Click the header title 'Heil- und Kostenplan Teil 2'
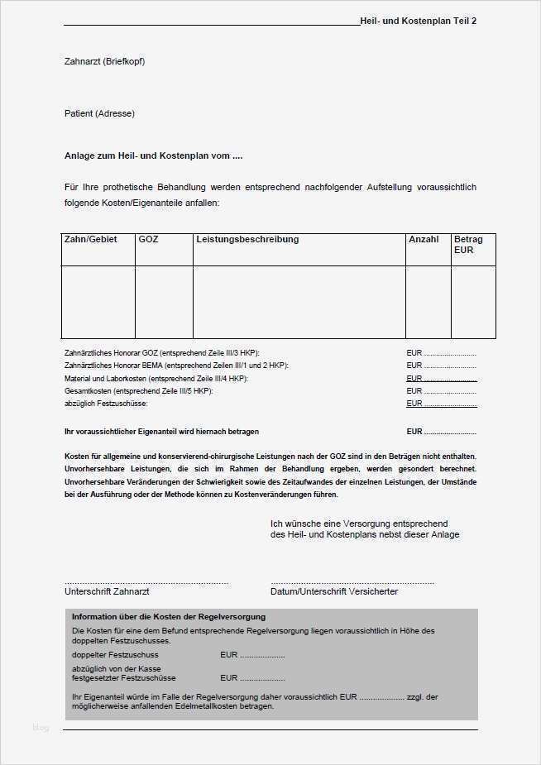(418, 21)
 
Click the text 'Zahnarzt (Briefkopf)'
(104, 61)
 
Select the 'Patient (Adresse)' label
(99, 113)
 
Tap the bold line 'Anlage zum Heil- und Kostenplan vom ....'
(153, 155)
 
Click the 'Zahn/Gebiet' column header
(90, 239)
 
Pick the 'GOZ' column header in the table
(148, 239)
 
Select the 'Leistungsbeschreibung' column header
(247, 239)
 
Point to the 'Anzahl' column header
(424, 239)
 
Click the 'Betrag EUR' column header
(468, 244)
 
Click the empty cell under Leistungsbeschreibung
(299, 302)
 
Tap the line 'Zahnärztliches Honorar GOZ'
(167, 352)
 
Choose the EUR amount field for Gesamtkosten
(441, 390)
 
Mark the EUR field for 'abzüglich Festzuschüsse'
(441, 404)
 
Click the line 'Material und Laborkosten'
(156, 378)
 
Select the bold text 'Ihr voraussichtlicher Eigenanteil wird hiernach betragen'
(161, 432)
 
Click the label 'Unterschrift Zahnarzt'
(107, 591)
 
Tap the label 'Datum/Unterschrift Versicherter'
(333, 591)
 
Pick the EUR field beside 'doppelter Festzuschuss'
(252, 655)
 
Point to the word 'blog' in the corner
(41, 728)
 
